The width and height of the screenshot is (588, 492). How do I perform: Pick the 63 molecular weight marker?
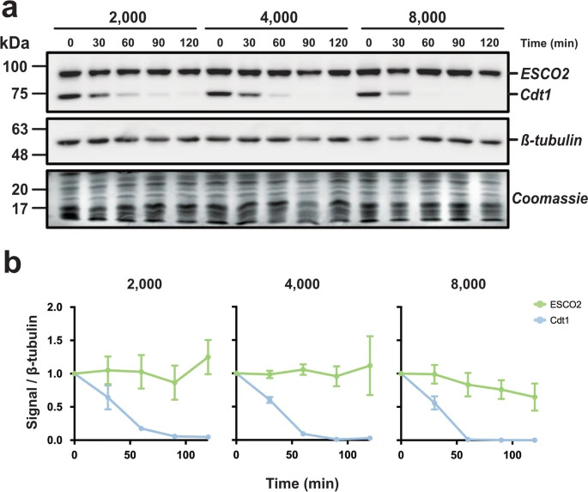pos(22,130)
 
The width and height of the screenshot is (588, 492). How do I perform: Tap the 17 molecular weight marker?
pos(22,207)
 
